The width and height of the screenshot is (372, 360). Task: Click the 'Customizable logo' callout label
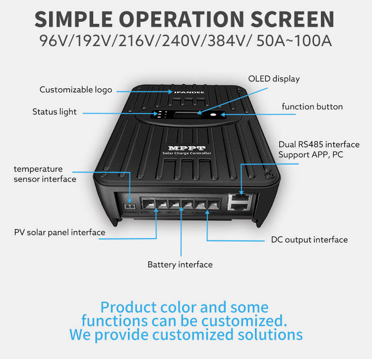[x=76, y=90]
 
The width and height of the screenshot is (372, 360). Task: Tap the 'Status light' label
[x=55, y=112]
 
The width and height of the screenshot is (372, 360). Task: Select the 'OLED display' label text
[x=274, y=79]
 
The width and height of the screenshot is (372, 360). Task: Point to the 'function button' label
[x=312, y=107]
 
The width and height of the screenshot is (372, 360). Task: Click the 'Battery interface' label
[x=180, y=265]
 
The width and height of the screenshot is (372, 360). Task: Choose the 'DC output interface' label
[x=309, y=240]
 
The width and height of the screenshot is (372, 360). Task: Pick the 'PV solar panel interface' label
[x=60, y=233]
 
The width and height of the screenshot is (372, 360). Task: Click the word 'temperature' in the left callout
[x=38, y=169]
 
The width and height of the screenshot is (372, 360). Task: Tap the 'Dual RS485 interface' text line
[x=318, y=145]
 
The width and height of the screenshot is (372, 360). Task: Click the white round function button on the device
[x=213, y=116]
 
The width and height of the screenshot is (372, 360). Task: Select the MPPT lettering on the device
[x=183, y=149]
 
